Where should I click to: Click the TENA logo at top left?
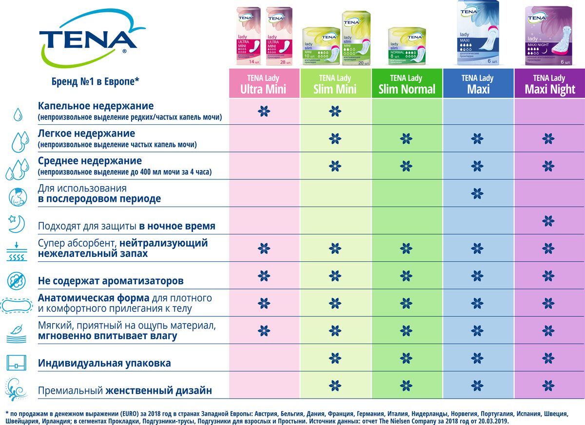coord(88,39)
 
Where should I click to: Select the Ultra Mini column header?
coord(264,84)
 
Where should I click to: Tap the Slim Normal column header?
coord(407,84)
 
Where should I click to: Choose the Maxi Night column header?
coord(549,84)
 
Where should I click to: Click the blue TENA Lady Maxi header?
coord(478,84)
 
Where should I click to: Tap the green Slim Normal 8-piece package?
coord(407,46)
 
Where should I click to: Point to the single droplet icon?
coord(18,115)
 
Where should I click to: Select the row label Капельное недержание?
coord(96,106)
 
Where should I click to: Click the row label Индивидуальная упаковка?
coord(104,363)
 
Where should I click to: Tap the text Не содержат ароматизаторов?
coord(111,281)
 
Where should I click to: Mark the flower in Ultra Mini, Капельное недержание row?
coord(264,112)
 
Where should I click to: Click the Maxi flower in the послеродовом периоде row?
coord(477,194)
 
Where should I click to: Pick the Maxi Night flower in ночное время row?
coord(548,221)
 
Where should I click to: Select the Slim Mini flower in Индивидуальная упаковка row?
coord(335,358)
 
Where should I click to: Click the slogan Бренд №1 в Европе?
coord(96,81)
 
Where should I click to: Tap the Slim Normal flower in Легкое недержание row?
coord(406,139)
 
